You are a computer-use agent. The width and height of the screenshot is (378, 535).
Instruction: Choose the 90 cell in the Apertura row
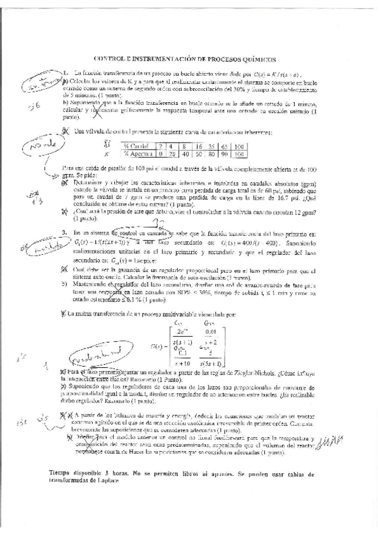[x=224, y=153]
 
